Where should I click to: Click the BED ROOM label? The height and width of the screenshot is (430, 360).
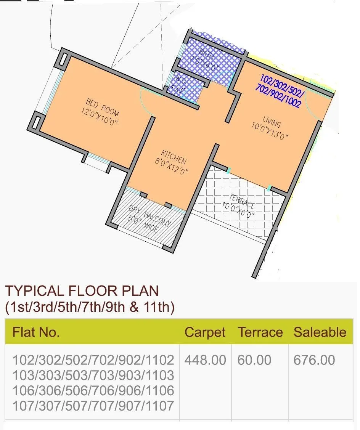[x=102, y=107]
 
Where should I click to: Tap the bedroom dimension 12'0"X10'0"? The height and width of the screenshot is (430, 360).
[x=99, y=117]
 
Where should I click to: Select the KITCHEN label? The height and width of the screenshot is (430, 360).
[x=174, y=157]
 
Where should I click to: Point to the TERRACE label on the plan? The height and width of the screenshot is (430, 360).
[x=243, y=201]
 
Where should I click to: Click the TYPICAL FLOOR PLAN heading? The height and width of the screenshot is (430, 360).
[x=82, y=291]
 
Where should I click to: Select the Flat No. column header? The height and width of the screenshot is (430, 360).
[x=36, y=332]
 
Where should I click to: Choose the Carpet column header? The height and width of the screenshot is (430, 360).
[x=205, y=332]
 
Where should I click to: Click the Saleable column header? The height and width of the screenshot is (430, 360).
[x=320, y=332]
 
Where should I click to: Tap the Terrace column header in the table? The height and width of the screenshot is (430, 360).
[x=260, y=332]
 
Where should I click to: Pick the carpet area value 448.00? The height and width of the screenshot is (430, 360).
[x=205, y=360]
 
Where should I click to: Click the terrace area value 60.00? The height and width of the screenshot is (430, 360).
[x=254, y=360]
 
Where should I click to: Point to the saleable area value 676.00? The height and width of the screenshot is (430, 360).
[x=314, y=360]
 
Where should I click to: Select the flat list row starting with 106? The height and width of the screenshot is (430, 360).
[x=93, y=390]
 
